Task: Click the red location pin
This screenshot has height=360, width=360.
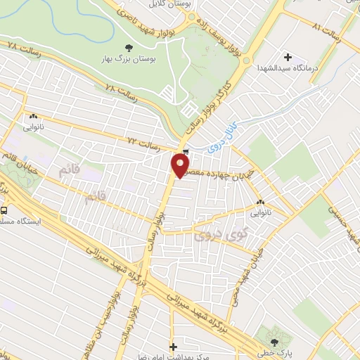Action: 180,166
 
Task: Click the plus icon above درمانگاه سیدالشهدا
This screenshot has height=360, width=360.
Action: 288,56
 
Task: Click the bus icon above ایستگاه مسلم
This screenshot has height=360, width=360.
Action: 5,210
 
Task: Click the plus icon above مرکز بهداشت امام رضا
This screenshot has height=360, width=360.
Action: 173,347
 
